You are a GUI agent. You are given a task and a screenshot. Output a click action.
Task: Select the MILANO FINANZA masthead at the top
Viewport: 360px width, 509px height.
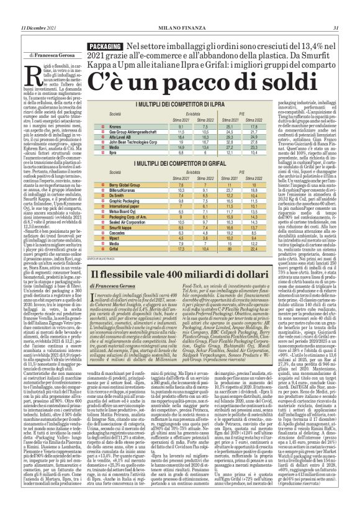coord(179,28)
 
